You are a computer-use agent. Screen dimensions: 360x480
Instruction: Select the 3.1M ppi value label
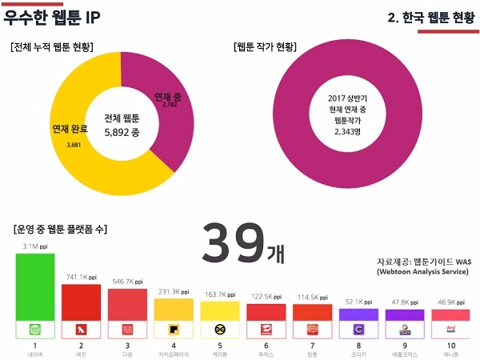36,246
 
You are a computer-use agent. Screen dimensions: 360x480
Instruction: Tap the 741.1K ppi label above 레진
82,276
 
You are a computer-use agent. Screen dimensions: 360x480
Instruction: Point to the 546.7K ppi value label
128,282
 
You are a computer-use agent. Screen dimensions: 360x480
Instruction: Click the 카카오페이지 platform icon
174,329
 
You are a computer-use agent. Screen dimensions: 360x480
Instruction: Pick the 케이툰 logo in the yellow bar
219,329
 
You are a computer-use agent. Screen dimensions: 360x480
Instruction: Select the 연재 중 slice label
167,97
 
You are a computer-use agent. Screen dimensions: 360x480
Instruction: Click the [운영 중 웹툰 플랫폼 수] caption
61,230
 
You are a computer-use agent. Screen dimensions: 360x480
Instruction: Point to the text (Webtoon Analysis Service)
421,272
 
